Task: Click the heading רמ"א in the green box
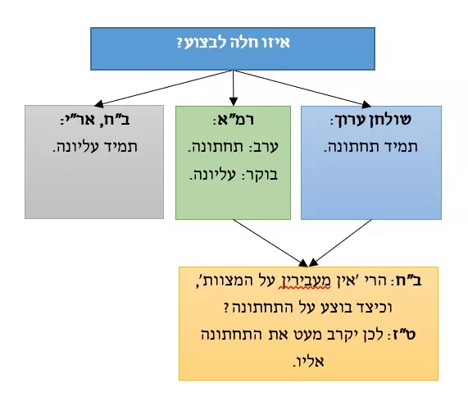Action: point(235,120)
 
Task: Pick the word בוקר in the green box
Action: point(261,175)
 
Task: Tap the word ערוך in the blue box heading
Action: point(352,121)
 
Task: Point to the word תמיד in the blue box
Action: point(403,147)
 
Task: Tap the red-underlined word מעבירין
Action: point(304,281)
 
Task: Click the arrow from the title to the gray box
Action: point(163,88)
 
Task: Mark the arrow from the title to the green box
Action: point(234,88)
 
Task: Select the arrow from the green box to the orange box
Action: point(270,243)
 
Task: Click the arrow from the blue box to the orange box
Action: point(340,243)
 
